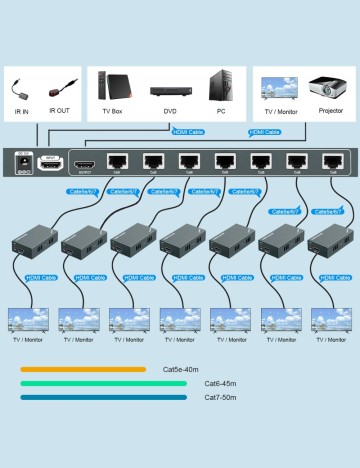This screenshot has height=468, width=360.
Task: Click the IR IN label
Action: click(x=22, y=111)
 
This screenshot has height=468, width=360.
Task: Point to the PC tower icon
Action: click(x=221, y=85)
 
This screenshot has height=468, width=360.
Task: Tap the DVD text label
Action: click(x=170, y=112)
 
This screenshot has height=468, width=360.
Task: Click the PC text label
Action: click(x=221, y=112)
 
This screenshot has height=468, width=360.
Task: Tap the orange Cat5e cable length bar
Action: click(x=82, y=369)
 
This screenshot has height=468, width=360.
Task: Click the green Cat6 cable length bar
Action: click(x=102, y=383)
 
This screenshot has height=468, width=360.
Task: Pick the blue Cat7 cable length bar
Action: click(x=102, y=397)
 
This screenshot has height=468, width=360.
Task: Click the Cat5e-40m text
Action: click(x=185, y=369)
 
